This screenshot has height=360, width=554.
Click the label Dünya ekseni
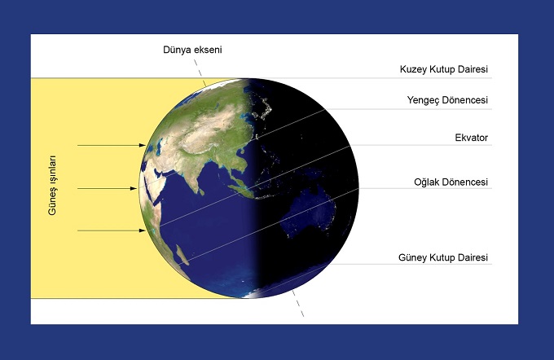click(x=192, y=50)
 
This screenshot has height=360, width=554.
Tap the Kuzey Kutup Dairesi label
click(x=444, y=69)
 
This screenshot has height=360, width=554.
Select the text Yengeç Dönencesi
click(x=447, y=100)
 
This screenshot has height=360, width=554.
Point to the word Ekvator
click(x=472, y=138)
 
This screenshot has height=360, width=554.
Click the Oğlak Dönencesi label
click(x=451, y=182)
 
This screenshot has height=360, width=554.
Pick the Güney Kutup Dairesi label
click(x=443, y=257)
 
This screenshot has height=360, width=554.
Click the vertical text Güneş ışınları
click(x=52, y=185)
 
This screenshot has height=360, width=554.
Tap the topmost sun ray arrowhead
click(x=142, y=145)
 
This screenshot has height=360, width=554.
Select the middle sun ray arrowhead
click(x=134, y=189)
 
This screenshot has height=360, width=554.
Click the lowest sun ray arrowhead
click(x=142, y=230)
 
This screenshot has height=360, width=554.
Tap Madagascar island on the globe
click(x=181, y=255)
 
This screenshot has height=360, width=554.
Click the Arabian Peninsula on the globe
click(x=157, y=169)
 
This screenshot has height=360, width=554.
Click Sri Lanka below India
click(x=201, y=192)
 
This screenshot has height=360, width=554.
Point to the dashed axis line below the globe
click(x=297, y=303)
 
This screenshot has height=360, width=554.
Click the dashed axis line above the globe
click(x=200, y=72)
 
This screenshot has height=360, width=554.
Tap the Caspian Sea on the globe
click(x=159, y=147)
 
